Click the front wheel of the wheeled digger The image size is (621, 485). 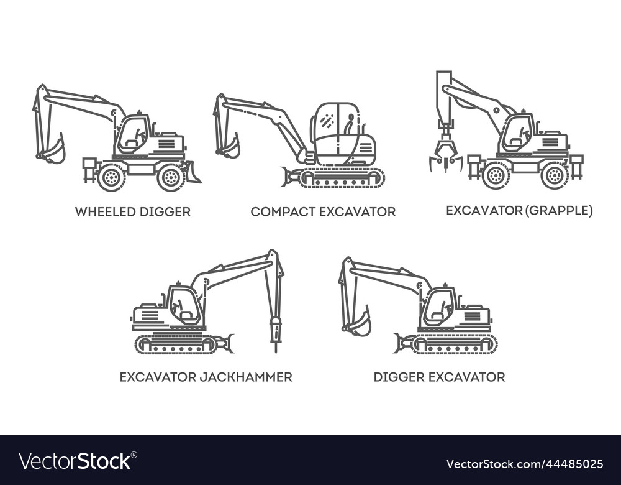(171, 177)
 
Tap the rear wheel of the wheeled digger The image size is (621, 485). (112, 177)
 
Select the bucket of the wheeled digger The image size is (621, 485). (54, 151)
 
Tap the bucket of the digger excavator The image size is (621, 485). (359, 325)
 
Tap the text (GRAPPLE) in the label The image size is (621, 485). (559, 211)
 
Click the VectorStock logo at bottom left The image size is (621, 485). (75, 461)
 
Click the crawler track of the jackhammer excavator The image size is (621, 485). (177, 344)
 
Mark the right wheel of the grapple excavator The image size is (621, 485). (554, 175)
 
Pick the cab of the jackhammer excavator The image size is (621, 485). (184, 305)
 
